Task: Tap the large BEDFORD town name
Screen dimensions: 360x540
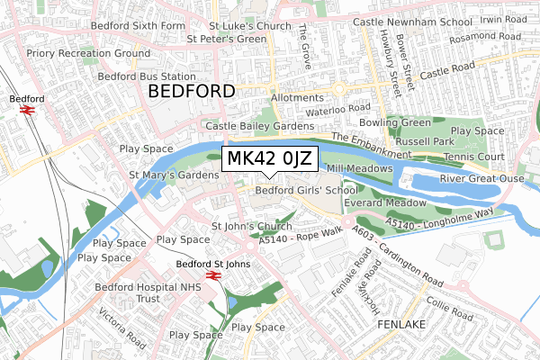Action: (190, 92)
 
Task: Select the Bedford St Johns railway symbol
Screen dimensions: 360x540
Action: (214, 276)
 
